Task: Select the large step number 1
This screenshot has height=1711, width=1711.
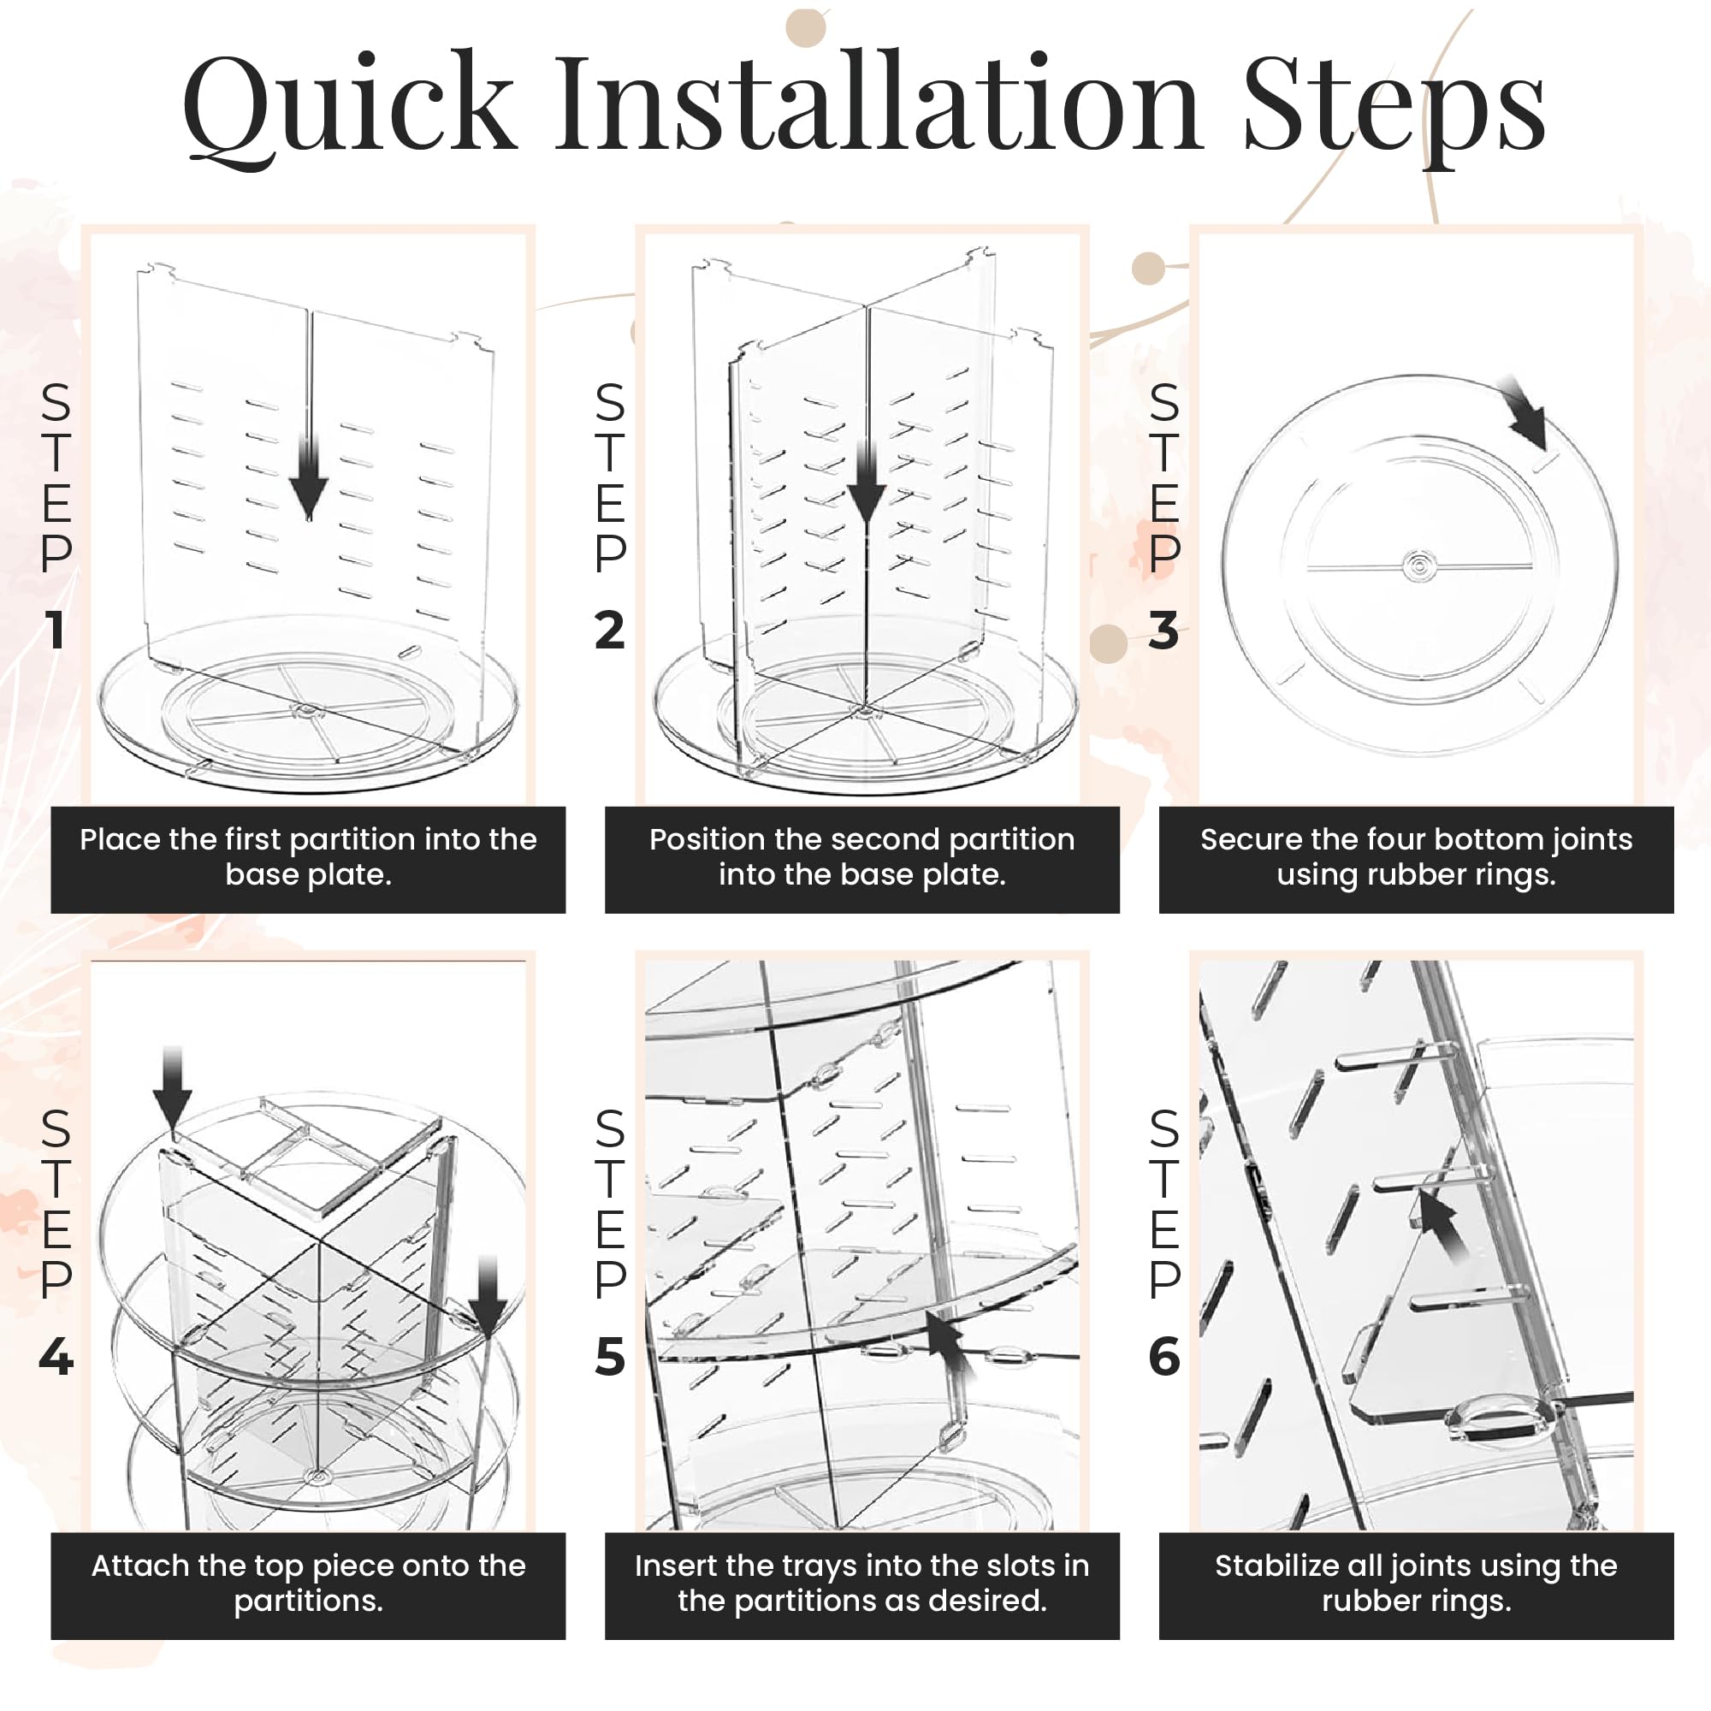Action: (56, 631)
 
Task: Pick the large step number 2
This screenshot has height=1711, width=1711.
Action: (610, 631)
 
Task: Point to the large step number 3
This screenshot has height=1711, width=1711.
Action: (1163, 631)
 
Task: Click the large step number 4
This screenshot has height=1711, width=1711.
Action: (56, 1357)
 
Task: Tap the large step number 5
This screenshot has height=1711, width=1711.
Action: (610, 1357)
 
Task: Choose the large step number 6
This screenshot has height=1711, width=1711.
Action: (1164, 1357)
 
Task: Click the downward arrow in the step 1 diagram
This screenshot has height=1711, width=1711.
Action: (309, 478)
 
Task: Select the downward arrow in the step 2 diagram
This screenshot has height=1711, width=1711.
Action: (865, 483)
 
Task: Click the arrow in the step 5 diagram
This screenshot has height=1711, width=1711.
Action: (951, 1346)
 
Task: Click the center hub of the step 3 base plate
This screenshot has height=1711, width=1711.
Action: (1419, 565)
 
